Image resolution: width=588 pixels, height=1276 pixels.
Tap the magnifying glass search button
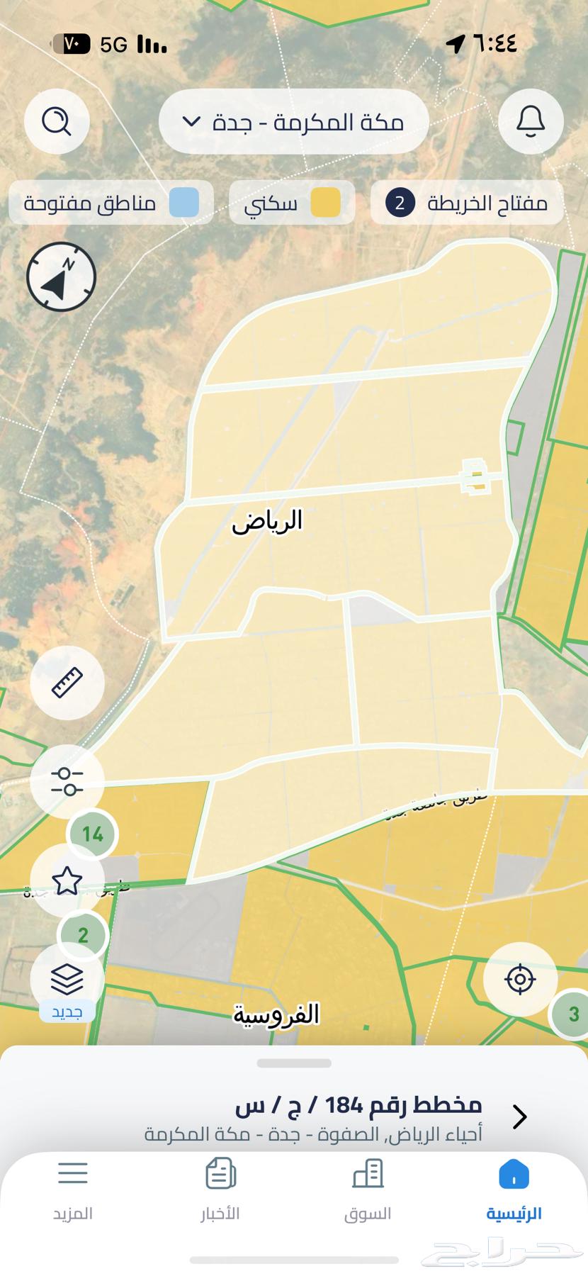click(x=57, y=121)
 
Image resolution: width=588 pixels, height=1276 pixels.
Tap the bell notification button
click(x=531, y=121)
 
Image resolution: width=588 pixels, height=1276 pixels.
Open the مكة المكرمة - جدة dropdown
click(x=294, y=122)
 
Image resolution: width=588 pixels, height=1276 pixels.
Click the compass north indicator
click(x=61, y=276)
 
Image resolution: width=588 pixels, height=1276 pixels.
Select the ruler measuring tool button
click(x=67, y=683)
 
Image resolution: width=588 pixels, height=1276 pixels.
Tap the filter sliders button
click(x=67, y=781)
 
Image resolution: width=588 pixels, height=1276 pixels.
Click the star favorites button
click(x=67, y=880)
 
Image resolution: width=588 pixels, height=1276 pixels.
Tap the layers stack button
click(x=67, y=980)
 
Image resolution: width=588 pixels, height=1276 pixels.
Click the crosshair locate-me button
click(x=520, y=980)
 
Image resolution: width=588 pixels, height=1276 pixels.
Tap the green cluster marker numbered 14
click(x=93, y=834)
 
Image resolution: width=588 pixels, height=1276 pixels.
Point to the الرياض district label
click(x=267, y=521)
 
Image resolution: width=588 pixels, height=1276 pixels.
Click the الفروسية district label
click(x=276, y=1014)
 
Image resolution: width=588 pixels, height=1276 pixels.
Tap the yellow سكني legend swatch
click(x=326, y=203)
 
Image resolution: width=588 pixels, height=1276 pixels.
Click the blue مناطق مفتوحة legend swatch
click(x=183, y=203)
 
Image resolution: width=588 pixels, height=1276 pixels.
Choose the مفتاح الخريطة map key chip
click(x=467, y=203)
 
